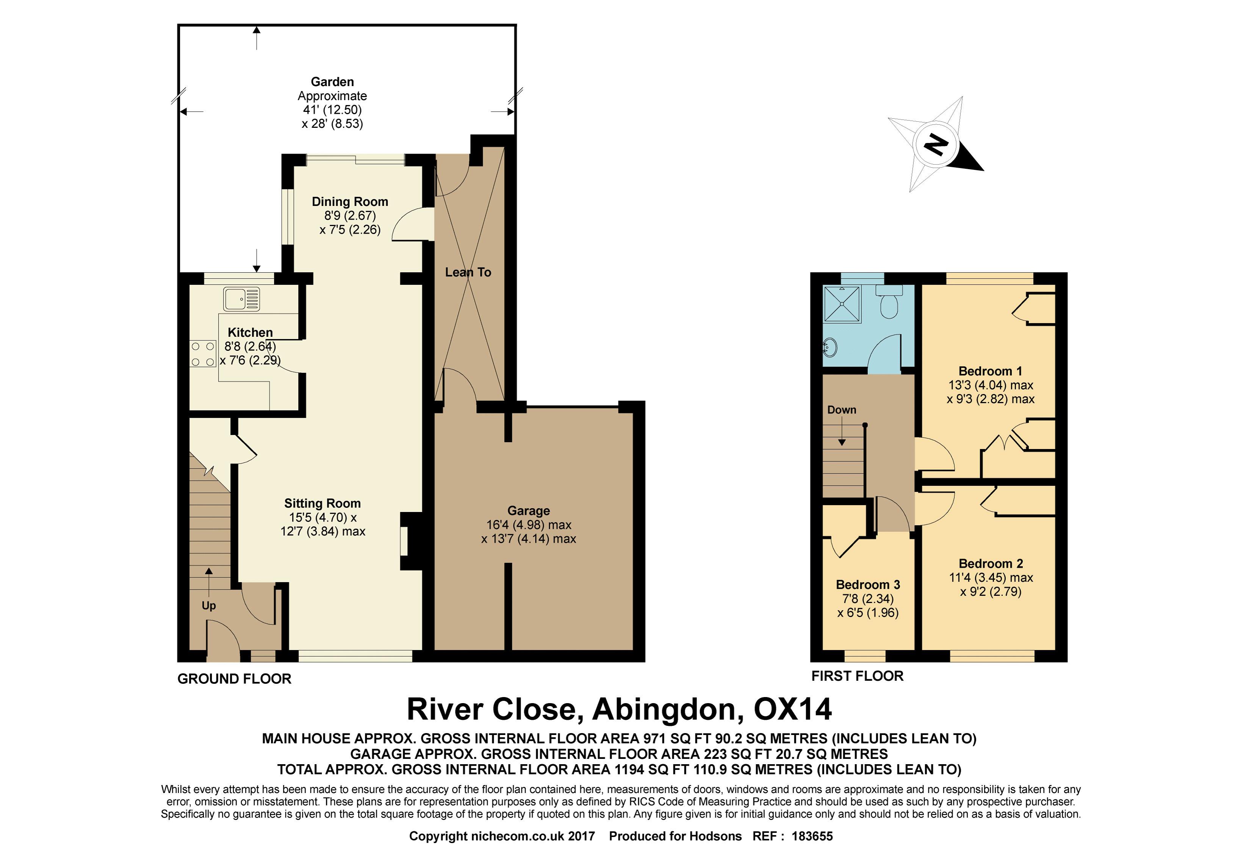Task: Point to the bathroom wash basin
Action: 830,347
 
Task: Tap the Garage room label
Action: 528,511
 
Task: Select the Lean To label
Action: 468,272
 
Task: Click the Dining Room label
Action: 350,202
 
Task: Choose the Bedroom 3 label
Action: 867,584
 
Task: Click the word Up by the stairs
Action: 209,606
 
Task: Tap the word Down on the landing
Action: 842,410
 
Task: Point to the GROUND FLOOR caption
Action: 235,679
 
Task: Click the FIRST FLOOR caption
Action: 857,676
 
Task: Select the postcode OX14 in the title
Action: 793,709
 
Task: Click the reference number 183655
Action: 812,836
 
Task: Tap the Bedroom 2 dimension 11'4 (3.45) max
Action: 991,578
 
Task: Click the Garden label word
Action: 332,82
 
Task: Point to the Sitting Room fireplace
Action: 410,541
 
